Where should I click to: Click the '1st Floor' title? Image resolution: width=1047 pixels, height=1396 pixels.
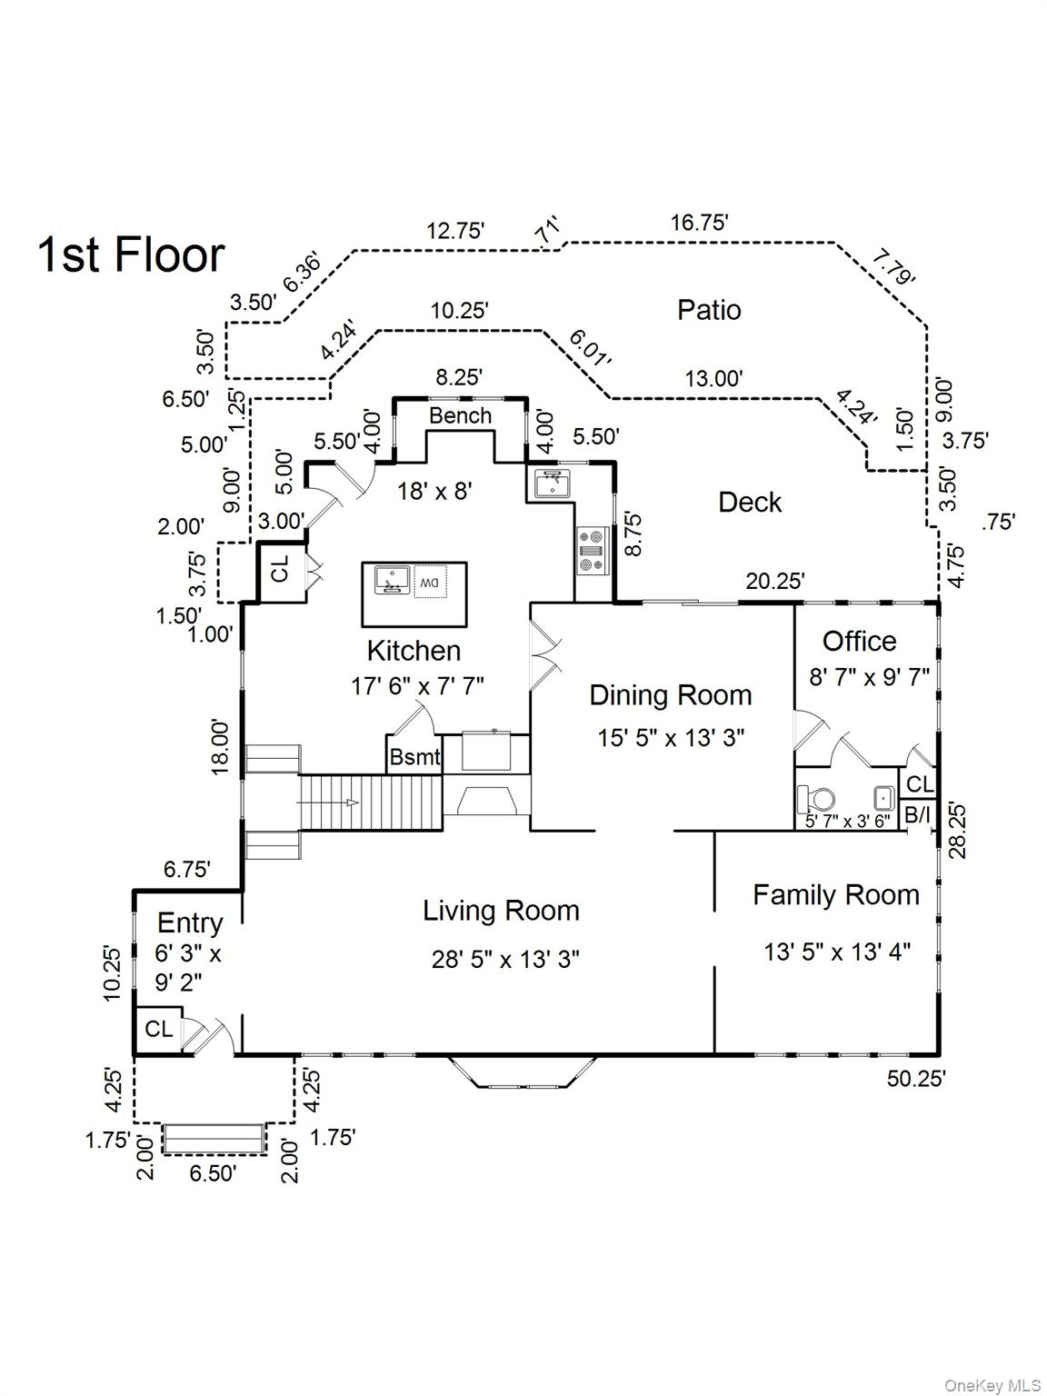click(x=131, y=254)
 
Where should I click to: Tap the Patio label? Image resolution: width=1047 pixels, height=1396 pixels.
click(x=709, y=310)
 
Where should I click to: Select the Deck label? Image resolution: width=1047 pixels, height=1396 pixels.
click(x=749, y=502)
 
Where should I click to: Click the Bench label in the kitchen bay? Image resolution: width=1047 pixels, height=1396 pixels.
click(x=460, y=416)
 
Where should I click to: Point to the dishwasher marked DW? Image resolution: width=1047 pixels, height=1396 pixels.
click(x=429, y=582)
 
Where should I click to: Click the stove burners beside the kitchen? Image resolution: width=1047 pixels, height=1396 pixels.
click(x=592, y=551)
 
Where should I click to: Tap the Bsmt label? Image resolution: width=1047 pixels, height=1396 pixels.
click(x=414, y=756)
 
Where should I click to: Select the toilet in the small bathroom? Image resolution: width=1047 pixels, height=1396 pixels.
click(x=817, y=800)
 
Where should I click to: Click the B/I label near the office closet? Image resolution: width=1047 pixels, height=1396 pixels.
click(x=917, y=815)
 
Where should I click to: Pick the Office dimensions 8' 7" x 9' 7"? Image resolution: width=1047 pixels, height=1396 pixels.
click(x=869, y=677)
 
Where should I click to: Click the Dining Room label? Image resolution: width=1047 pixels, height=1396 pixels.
click(x=670, y=695)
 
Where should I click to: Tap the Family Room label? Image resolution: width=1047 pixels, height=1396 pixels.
click(x=835, y=895)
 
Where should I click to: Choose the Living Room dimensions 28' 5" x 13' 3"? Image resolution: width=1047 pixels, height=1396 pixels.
click(x=505, y=959)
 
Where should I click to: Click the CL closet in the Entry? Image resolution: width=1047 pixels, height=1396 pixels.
click(x=158, y=1029)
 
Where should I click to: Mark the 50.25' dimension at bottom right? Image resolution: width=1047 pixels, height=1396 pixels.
click(x=916, y=1078)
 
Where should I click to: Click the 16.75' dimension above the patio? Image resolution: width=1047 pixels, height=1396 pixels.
click(x=699, y=223)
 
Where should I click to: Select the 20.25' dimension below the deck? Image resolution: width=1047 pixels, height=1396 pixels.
click(x=774, y=581)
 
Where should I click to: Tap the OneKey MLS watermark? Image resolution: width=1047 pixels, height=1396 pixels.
click(x=992, y=1385)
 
